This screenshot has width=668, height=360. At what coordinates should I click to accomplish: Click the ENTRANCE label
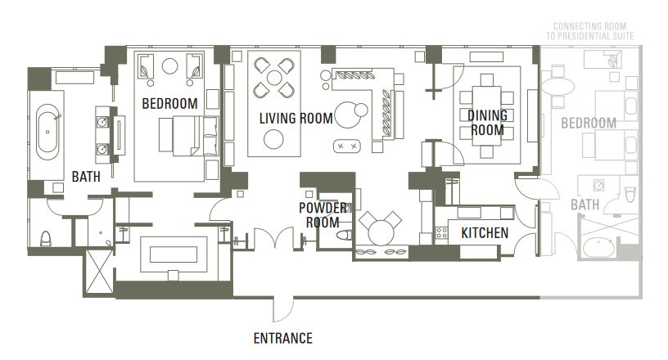click(x=283, y=338)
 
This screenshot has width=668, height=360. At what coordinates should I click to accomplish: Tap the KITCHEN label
click(x=485, y=233)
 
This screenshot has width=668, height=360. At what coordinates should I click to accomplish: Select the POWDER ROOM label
click(x=323, y=215)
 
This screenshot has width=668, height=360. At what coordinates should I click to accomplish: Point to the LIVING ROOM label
click(x=296, y=118)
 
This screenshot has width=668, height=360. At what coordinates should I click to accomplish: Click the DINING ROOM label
click(x=487, y=122)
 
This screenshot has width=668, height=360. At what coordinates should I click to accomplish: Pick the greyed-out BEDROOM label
click(x=589, y=123)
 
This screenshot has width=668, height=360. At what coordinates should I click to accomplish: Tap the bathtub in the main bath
click(x=47, y=132)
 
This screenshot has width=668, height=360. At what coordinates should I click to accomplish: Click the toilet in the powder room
click(x=344, y=235)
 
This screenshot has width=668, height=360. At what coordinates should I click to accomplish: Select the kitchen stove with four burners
click(x=442, y=232)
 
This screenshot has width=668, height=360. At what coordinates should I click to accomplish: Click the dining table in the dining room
click(x=486, y=116)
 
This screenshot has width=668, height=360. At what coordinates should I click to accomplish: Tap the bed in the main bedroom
click(x=189, y=136)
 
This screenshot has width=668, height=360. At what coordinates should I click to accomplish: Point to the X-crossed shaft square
click(x=99, y=272)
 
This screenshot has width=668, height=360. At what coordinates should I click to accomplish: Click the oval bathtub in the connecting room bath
click(x=598, y=248)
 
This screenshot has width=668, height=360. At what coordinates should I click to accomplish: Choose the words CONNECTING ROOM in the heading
click(x=589, y=26)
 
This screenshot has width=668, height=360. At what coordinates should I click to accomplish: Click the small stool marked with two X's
click(x=347, y=146)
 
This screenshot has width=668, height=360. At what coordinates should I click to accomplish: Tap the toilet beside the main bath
click(x=46, y=239)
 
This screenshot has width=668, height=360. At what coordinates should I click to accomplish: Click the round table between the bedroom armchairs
click(x=170, y=65)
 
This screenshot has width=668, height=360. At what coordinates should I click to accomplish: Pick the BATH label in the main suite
click(x=86, y=177)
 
